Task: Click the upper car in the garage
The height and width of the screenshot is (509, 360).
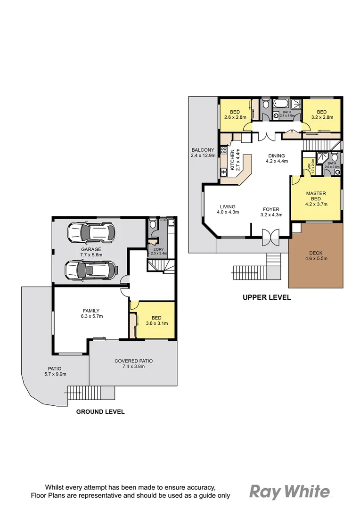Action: click(x=91, y=231)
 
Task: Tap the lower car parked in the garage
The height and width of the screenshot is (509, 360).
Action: click(x=91, y=270)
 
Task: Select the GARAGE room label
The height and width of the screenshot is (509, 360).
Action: click(x=91, y=249)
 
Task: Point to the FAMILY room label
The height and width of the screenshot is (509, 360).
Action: click(x=91, y=311)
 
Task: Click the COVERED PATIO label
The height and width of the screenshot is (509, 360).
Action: click(x=133, y=361)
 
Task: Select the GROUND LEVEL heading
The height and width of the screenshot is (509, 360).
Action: click(x=100, y=411)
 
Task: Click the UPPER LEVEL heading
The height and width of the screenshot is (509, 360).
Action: click(x=267, y=297)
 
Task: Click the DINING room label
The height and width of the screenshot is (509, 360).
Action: click(x=276, y=156)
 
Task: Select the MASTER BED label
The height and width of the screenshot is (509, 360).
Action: click(x=316, y=196)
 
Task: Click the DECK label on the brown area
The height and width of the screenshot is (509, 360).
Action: click(x=316, y=252)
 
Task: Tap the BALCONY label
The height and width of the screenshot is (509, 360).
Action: click(x=203, y=150)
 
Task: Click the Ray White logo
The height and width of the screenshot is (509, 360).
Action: click(x=289, y=492)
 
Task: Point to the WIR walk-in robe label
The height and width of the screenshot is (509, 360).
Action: click(x=309, y=166)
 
